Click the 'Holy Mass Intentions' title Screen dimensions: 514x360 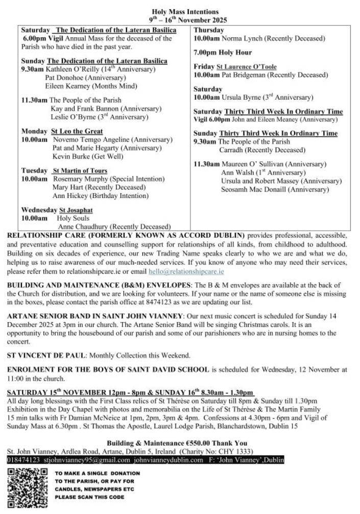tap(185, 11)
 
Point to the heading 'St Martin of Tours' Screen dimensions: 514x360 tap(80, 170)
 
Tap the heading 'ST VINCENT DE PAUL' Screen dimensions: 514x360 tap(39, 355)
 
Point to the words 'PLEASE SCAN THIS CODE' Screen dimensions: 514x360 tap(89, 497)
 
